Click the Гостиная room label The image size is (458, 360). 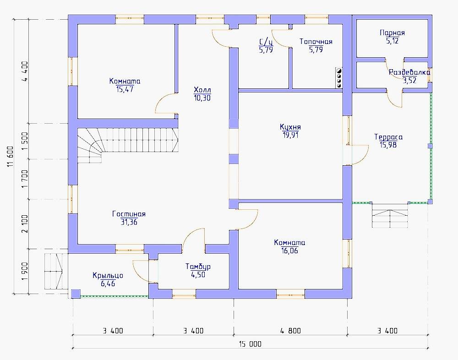(x=129, y=214)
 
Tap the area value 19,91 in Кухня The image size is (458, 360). (x=290, y=135)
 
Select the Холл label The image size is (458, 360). (x=202, y=89)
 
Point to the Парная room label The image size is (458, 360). (x=392, y=33)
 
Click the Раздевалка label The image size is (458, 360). (x=409, y=72)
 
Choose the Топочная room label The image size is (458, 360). (x=316, y=42)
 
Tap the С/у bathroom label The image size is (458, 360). (x=266, y=42)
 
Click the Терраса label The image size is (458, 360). (x=388, y=137)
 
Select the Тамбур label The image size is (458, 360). (x=198, y=267)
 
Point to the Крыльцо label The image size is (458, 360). (x=108, y=276)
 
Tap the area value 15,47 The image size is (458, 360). (x=125, y=89)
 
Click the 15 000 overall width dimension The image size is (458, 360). (x=251, y=344)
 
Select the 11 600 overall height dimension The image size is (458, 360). (x=10, y=156)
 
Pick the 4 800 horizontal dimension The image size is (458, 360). (x=290, y=331)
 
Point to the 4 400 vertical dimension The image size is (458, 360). (x=25, y=71)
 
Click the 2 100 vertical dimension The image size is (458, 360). (x=25, y=224)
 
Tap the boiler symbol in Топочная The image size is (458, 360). (x=338, y=78)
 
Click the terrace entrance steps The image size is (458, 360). (x=390, y=216)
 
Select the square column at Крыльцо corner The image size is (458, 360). (x=76, y=294)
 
